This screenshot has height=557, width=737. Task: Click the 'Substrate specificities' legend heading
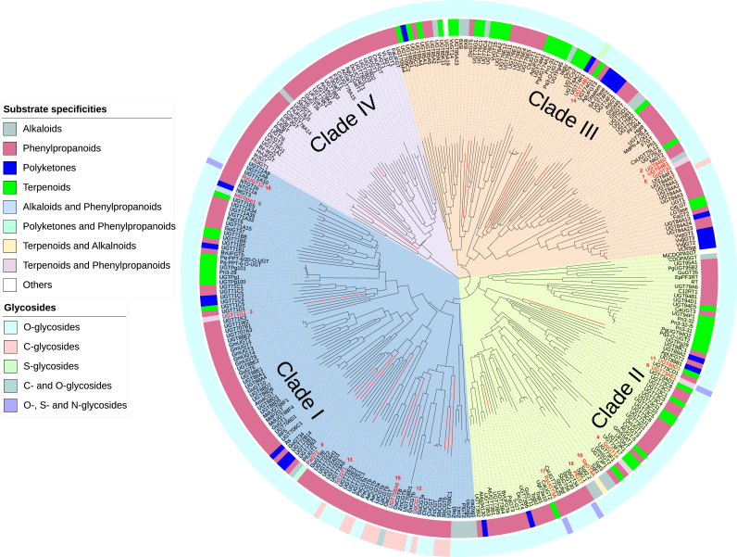point(55,109)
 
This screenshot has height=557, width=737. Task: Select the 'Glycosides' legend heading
point(31,307)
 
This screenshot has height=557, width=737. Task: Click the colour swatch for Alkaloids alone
point(10,130)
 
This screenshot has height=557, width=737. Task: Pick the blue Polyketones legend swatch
point(10,167)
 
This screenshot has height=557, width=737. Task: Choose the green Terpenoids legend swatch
point(10,186)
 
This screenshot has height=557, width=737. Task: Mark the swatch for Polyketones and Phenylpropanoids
point(10,225)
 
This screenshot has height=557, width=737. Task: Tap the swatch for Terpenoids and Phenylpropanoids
point(10,265)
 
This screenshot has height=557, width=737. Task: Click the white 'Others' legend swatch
point(10,285)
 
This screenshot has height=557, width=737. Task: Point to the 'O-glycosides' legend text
point(55,327)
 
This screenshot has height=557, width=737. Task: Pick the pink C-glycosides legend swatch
point(10,347)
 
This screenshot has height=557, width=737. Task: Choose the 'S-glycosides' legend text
point(55,366)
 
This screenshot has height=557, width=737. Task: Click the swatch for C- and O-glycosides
point(10,386)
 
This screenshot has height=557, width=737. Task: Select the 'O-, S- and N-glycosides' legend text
point(79,405)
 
